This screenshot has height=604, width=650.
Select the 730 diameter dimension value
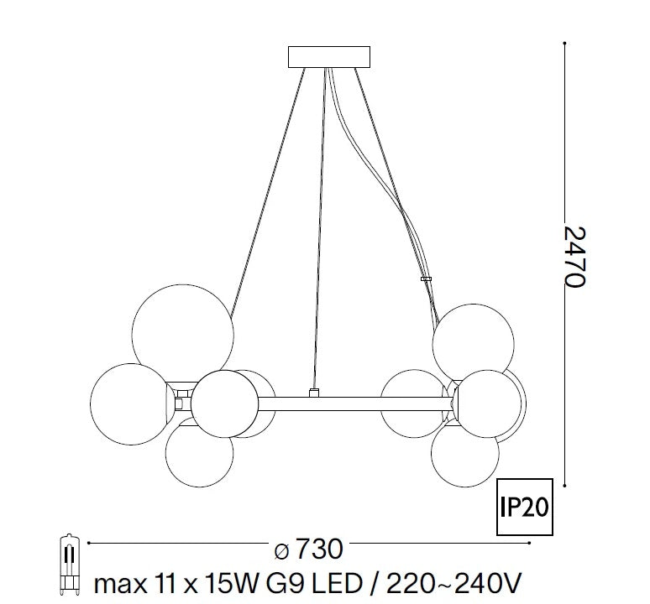tap(320, 550)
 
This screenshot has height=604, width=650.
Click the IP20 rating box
tap(526, 508)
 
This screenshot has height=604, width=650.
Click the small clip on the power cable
tap(426, 279)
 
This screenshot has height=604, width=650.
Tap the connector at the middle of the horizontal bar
tap(313, 393)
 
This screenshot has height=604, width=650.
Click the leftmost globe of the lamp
tap(128, 402)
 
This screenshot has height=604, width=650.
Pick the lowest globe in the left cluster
tap(198, 454)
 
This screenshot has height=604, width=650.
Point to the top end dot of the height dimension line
tap(565, 41)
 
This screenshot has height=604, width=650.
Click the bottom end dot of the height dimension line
tap(565, 484)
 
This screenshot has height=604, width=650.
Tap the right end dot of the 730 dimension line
tap(531, 544)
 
